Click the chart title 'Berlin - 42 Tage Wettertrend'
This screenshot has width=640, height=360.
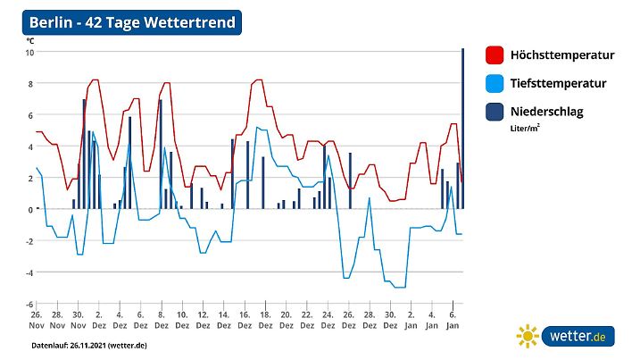pos(132,22)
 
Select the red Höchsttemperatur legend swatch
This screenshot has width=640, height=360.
pos(495,55)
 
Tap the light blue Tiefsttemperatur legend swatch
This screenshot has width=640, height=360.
pos(495,84)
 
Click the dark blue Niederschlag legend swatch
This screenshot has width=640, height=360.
pos(495,113)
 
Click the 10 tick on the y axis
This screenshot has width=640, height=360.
pos(29,53)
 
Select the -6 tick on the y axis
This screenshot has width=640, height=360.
pos(28,304)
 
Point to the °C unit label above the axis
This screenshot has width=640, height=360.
pos(30,41)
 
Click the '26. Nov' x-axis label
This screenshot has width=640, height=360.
pos(36,321)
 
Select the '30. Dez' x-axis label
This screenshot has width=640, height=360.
pos(389,321)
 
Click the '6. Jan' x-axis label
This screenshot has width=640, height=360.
pos(452,321)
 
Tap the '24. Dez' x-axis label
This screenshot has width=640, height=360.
pos(327,321)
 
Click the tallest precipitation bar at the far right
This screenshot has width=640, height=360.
pos(462,129)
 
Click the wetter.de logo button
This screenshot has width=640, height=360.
pos(578,337)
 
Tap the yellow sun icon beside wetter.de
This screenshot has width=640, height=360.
pos(528,337)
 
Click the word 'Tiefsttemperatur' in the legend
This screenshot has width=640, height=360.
pos(558,84)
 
